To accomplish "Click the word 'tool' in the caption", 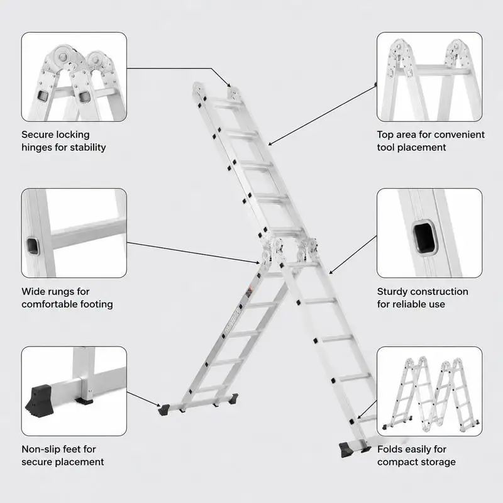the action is click(x=385, y=147).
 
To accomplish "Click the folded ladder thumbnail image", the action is click(x=429, y=391).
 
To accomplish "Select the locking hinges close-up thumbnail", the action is click(x=74, y=77).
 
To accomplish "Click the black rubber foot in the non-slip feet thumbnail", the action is click(x=38, y=400).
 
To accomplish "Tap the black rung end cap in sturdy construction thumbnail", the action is click(x=425, y=238).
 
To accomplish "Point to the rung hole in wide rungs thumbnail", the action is click(x=33, y=246).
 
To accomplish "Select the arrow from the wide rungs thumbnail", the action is click(x=194, y=253).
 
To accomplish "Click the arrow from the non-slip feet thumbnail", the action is click(x=144, y=399).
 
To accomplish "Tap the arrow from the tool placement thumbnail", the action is click(x=322, y=115).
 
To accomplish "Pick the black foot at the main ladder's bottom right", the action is click(x=346, y=450).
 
